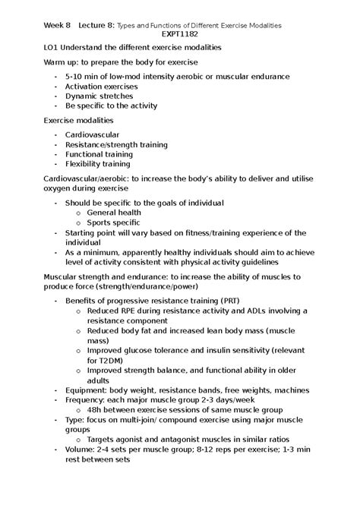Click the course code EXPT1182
(180, 34)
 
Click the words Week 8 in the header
(57, 24)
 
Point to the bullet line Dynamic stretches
(99, 96)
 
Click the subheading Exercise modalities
(78, 120)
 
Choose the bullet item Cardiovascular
(92, 134)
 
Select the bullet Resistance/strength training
(116, 144)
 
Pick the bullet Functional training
(99, 154)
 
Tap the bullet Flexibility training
(97, 163)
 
